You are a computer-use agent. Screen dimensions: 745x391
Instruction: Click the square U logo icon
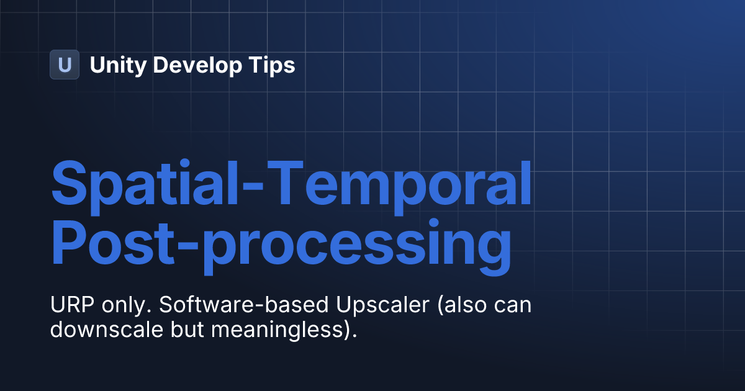tap(65, 65)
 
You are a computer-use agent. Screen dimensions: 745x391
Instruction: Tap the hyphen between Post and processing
tap(188, 244)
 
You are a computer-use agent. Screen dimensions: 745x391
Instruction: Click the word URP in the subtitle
tap(72, 304)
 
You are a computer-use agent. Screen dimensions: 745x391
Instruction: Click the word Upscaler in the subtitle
tap(383, 305)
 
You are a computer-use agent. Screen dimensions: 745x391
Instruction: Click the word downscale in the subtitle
tap(106, 329)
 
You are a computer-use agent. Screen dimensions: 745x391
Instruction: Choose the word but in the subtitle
tap(187, 329)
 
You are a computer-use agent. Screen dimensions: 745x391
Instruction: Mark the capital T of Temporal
tap(286, 182)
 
